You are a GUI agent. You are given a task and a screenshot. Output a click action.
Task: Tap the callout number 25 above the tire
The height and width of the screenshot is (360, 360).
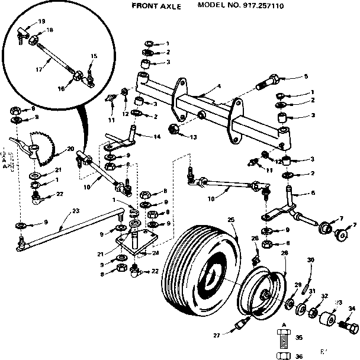point(231,220)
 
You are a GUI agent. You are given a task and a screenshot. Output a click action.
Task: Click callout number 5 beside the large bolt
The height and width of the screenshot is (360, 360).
point(306,76)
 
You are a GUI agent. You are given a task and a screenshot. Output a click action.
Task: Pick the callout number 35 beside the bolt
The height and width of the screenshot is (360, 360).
point(298,337)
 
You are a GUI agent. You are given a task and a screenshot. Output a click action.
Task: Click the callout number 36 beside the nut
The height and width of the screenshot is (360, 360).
point(298,355)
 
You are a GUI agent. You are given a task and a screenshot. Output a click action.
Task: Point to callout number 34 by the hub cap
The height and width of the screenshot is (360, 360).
point(352,308)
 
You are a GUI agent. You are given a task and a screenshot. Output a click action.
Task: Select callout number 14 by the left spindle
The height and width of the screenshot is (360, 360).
point(157,136)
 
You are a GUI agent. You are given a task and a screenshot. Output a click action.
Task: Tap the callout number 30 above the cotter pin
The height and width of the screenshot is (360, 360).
point(310,260)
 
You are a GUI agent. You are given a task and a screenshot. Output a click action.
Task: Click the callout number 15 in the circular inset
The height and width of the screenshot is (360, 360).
point(94,56)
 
